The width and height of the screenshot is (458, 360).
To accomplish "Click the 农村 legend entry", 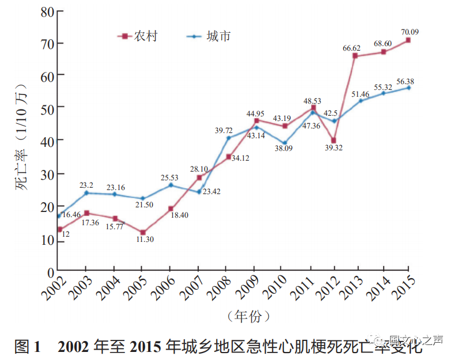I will [138, 36].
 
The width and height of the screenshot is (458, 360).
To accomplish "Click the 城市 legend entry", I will [210, 36].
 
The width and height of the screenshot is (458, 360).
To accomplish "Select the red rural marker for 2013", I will [355, 56].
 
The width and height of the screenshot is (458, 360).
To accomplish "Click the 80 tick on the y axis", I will [46, 11].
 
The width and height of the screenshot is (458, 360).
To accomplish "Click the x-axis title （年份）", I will [248, 316].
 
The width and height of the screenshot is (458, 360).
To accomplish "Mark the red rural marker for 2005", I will [142, 233].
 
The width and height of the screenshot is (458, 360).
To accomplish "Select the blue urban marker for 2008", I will [228, 138].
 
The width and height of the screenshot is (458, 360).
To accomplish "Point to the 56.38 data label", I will [410, 80].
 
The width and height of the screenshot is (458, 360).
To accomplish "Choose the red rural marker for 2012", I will [334, 141].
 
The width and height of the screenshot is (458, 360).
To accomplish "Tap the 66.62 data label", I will [355, 48].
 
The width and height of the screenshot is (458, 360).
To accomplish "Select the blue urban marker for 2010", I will [285, 143].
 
